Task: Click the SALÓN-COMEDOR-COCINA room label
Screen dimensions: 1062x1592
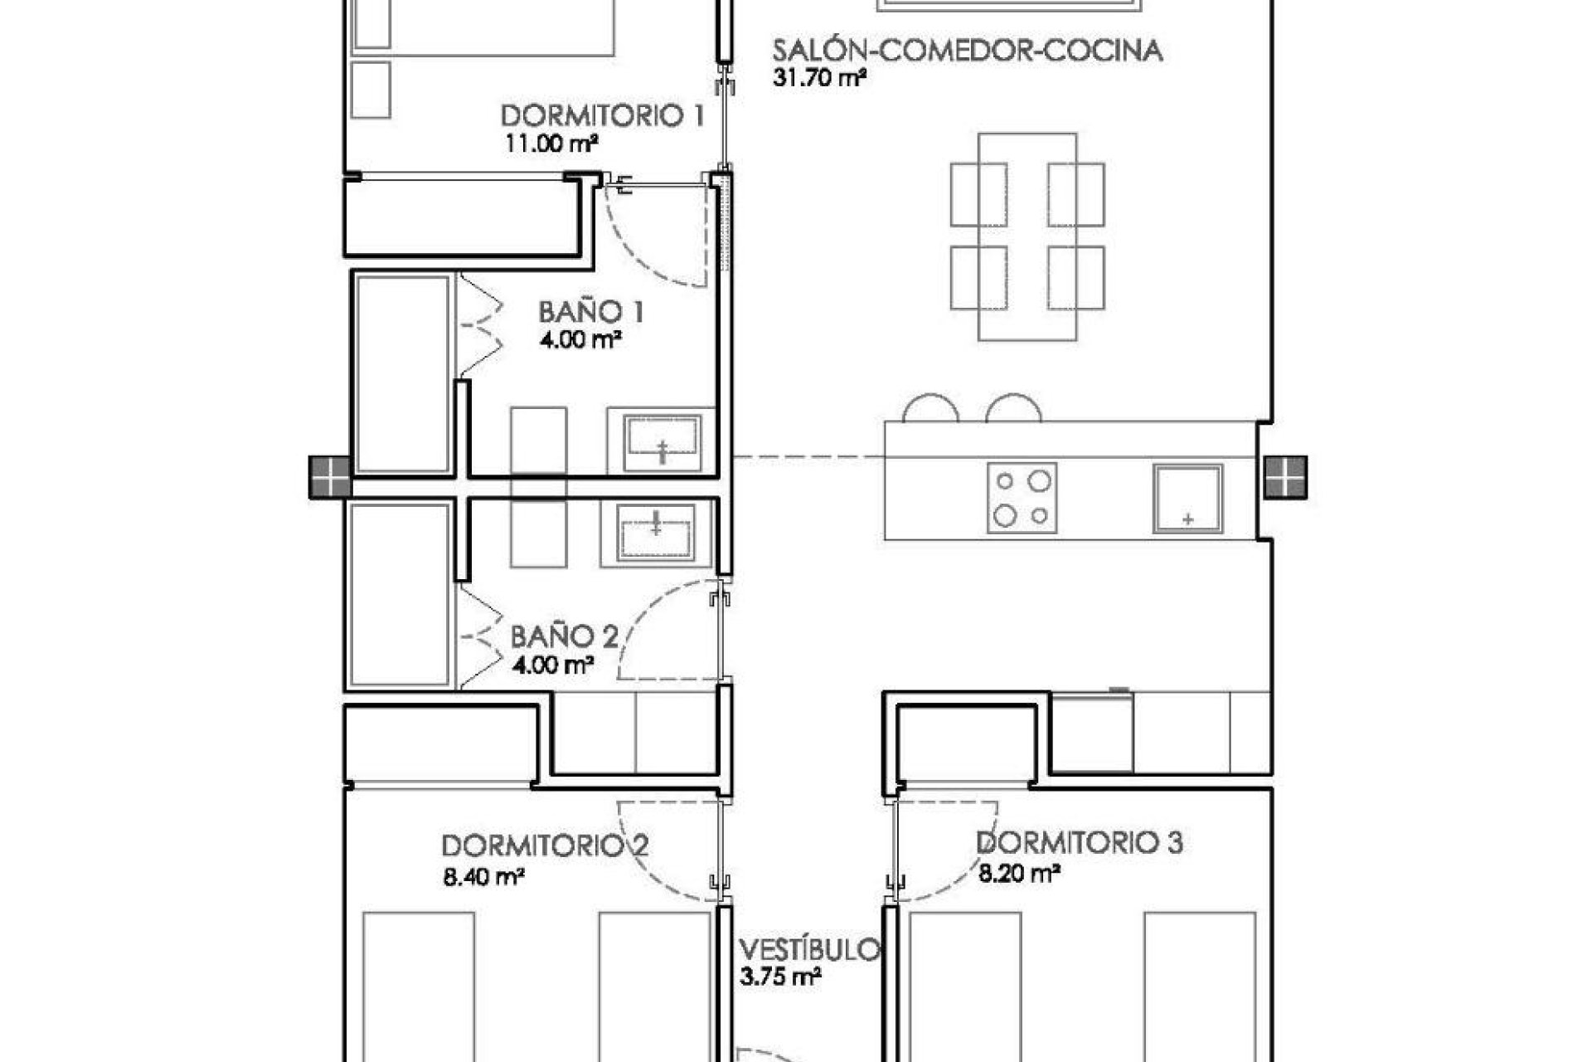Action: (967, 51)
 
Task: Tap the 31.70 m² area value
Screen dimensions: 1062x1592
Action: (819, 80)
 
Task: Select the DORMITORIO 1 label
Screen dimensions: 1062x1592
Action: (603, 115)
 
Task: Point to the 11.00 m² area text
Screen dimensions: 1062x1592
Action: (551, 144)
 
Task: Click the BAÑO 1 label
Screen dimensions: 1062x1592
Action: (591, 313)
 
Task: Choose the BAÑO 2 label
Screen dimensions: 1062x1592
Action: (564, 637)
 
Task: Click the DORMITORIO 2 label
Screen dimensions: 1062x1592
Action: (544, 846)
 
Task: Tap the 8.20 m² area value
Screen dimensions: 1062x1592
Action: (1020, 873)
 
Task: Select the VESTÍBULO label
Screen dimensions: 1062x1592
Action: (809, 950)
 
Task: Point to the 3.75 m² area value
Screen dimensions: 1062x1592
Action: (780, 977)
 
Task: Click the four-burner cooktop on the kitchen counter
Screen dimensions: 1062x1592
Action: (1022, 498)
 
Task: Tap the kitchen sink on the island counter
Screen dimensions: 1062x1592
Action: (1187, 499)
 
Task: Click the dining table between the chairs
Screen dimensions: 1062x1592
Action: (1027, 236)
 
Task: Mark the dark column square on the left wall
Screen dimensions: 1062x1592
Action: (330, 478)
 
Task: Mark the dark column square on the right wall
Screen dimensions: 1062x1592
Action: (1285, 478)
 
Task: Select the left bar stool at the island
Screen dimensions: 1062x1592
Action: (930, 409)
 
